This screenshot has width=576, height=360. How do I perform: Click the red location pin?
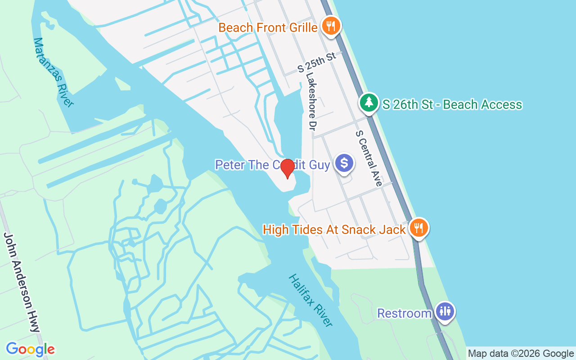click(x=287, y=169)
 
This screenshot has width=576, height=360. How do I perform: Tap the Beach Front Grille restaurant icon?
click(x=331, y=27)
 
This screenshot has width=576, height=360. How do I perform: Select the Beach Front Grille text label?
click(x=268, y=28)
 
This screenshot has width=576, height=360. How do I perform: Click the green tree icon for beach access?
click(x=369, y=103)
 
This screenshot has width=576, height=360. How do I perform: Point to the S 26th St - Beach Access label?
click(x=452, y=105)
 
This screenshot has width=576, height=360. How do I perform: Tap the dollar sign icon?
click(x=344, y=163)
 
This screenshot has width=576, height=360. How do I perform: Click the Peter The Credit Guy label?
click(x=272, y=165)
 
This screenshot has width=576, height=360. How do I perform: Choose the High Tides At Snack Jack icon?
click(x=418, y=228)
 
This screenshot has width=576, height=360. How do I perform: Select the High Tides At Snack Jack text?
click(x=334, y=230)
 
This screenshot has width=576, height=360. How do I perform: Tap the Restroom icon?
click(x=445, y=311)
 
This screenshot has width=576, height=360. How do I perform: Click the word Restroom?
click(x=404, y=313)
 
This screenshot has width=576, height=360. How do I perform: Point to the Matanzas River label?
click(x=54, y=72)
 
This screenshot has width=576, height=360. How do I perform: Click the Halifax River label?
click(x=310, y=300)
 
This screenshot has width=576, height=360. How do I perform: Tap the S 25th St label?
click(x=317, y=63)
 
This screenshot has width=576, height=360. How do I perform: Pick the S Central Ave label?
click(x=369, y=158)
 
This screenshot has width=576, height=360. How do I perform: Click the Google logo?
click(x=30, y=349)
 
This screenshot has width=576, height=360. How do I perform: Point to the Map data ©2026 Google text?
click(x=521, y=354)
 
